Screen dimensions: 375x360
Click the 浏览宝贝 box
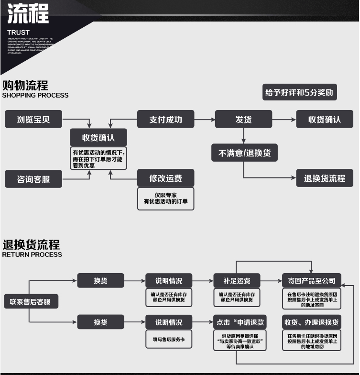pos(33,120)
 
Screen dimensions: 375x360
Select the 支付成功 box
pos(165,120)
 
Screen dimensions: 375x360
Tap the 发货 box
pos(243,120)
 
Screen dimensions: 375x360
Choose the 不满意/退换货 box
pos(244,153)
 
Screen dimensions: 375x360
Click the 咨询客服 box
pos(33,179)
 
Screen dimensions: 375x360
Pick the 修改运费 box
pos(165,178)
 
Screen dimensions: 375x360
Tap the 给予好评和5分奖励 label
pos(299,93)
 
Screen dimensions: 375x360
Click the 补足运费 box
pos(237,281)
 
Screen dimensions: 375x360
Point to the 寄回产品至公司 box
pos(312,281)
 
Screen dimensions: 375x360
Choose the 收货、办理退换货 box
pos(311,322)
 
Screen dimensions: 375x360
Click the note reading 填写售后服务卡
pos(169,339)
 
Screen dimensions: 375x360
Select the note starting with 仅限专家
pos(165,199)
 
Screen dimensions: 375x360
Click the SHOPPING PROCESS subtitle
pos(35,95)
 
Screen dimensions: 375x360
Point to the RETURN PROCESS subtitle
pos(32,254)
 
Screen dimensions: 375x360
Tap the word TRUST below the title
pos(18,33)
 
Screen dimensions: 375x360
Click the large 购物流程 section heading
pos(25,85)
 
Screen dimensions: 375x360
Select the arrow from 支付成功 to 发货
pos(204,120)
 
